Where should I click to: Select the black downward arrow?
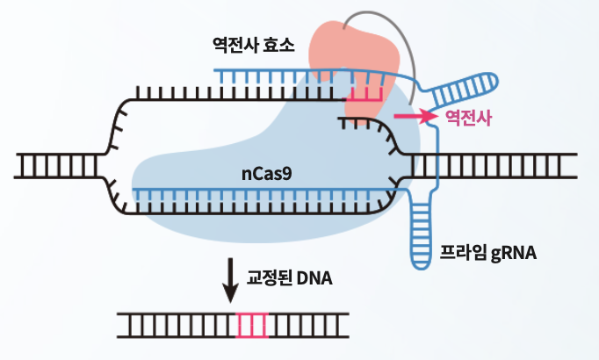pos(231,280)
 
